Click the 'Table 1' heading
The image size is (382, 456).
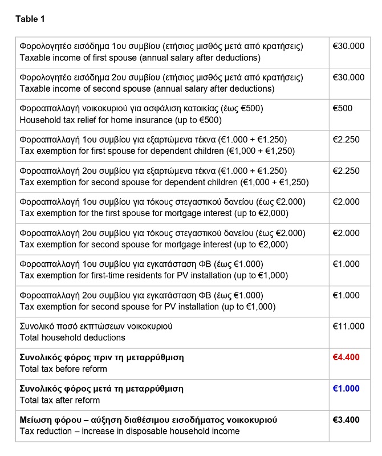click(30, 19)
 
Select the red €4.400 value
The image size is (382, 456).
click(346, 357)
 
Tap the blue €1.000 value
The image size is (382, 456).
click(346, 389)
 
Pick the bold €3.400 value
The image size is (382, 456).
click(346, 420)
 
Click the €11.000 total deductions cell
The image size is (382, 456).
click(348, 326)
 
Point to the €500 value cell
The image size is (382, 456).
click(343, 108)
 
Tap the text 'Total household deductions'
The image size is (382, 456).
click(72, 337)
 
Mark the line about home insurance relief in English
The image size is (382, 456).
click(120, 120)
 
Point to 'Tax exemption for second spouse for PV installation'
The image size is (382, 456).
click(148, 307)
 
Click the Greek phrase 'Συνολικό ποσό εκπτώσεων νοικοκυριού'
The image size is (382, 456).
click(96, 326)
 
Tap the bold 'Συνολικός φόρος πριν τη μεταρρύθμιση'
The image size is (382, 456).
click(101, 357)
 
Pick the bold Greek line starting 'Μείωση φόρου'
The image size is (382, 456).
click(148, 420)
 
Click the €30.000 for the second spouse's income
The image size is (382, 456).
click(348, 78)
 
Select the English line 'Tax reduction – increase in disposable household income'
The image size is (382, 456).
click(129, 431)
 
